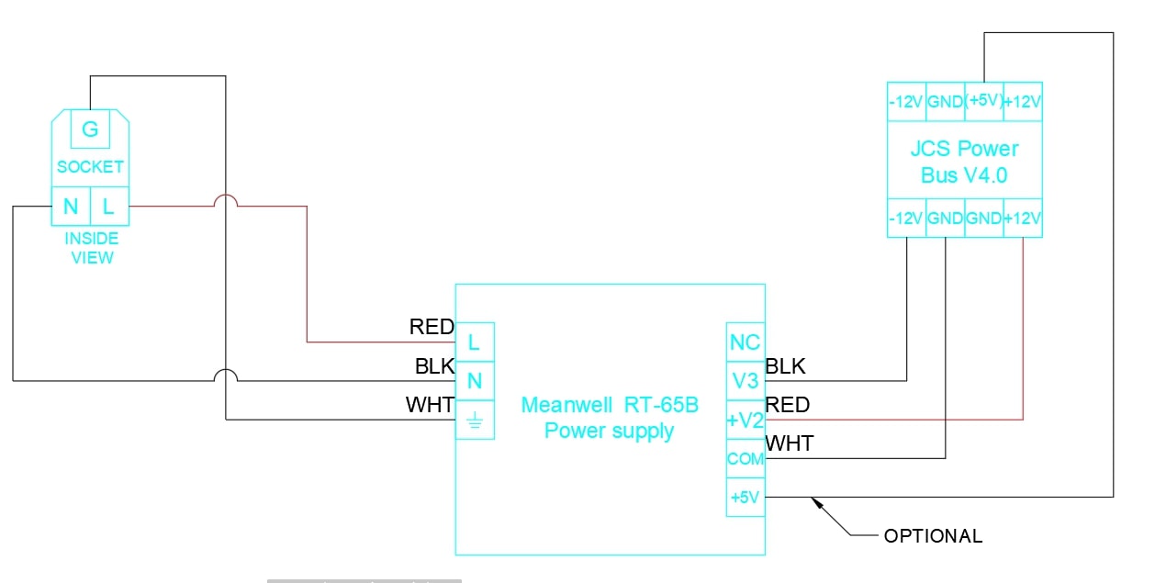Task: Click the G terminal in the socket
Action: [x=90, y=129]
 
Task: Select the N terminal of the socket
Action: [x=71, y=207]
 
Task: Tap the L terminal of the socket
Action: [x=108, y=207]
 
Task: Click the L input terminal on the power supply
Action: [x=475, y=342]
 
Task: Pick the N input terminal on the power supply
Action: [x=475, y=381]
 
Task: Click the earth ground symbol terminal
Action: [x=475, y=420]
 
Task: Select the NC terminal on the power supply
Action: [x=745, y=342]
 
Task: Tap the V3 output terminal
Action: [x=745, y=381]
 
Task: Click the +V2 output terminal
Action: [x=745, y=420]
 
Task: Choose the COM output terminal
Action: [x=745, y=459]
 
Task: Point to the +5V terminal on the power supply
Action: [x=745, y=498]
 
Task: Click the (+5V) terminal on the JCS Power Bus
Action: [x=983, y=101]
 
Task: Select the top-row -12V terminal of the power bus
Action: [x=906, y=101]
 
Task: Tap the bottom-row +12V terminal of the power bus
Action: [x=1023, y=219]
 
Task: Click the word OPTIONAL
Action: [x=933, y=536]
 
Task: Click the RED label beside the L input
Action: [x=432, y=327]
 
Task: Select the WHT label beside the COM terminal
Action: [x=790, y=444]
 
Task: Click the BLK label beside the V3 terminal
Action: [x=785, y=366]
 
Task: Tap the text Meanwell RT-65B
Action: [x=610, y=405]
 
